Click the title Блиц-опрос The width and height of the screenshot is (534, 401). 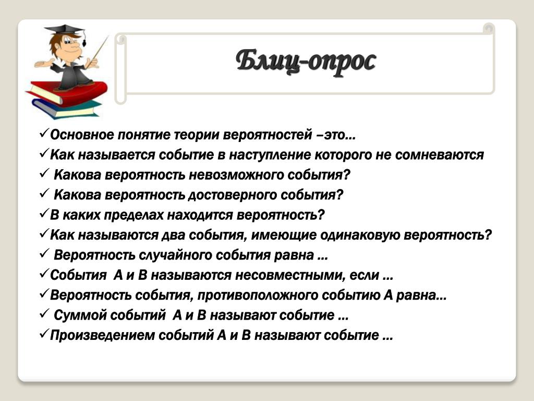pos(306,62)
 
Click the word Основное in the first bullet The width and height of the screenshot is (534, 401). pos(82,135)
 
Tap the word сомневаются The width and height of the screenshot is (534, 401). pos(439,155)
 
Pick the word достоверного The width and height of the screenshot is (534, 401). pos(232,195)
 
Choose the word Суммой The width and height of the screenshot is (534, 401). pos(80,315)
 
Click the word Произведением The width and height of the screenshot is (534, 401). pos(103,336)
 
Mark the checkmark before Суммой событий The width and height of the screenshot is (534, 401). pos(45,313)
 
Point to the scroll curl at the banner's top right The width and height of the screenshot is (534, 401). pos(489,28)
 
